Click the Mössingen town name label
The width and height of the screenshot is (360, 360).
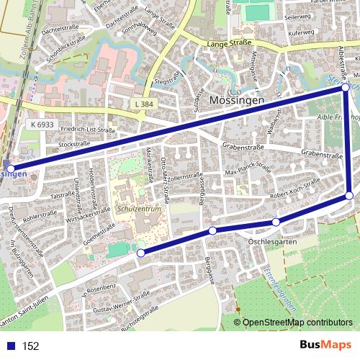coord(237,101)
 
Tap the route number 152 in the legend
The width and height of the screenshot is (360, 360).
coord(30,346)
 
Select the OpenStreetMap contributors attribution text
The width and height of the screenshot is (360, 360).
coord(297,323)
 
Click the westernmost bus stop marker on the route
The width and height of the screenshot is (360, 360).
coord(9,168)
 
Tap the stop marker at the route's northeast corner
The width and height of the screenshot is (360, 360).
coord(346,87)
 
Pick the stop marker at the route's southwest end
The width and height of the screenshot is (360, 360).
coord(140,253)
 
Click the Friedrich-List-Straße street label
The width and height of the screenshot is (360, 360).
coord(88,130)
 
